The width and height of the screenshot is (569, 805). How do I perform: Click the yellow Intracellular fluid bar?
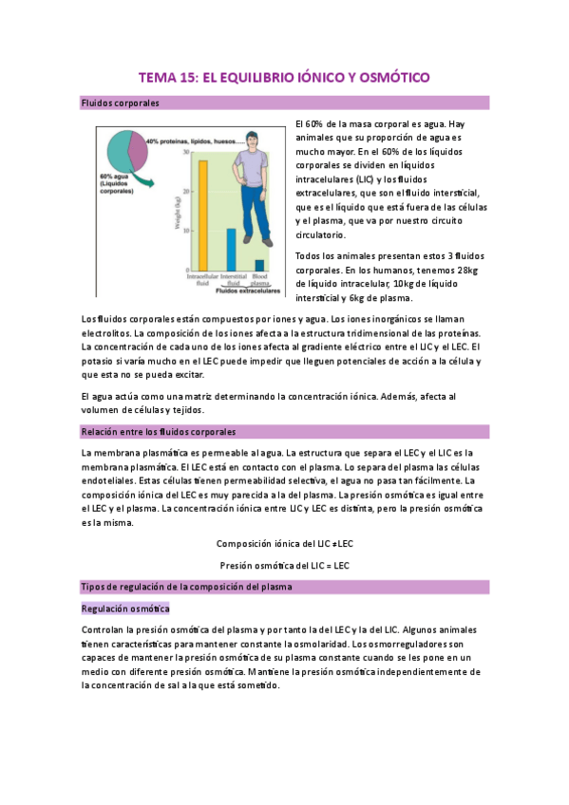[x=202, y=215]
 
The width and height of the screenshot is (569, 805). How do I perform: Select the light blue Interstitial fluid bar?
[x=231, y=250]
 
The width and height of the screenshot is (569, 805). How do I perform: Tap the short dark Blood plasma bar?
[x=259, y=265]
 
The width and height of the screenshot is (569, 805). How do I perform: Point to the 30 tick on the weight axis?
[x=188, y=151]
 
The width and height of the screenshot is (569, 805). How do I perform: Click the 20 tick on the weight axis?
[x=188, y=192]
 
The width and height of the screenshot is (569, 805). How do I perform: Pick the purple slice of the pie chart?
[x=139, y=151]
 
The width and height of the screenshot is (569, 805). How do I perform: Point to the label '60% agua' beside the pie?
[x=114, y=176]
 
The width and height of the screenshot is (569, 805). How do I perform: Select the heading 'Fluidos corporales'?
[x=121, y=103]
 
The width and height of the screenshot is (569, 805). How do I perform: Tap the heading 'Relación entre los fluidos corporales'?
[x=159, y=432]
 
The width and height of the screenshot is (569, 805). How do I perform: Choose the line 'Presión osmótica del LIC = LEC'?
[x=284, y=566]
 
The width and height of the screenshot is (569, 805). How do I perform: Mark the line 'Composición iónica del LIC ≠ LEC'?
[x=284, y=544]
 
